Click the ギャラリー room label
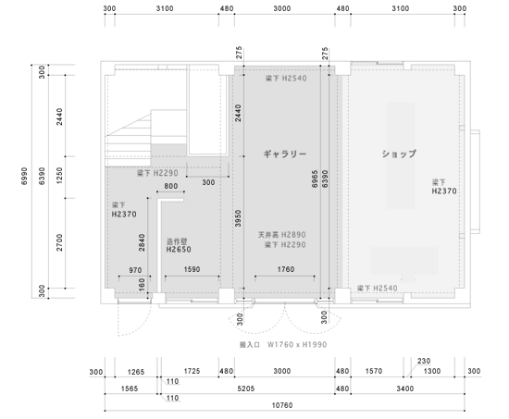285,154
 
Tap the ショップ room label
399,154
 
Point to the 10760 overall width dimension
282,405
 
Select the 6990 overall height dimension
24,177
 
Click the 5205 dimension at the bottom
246,388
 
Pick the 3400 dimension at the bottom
405,388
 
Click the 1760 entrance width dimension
286,269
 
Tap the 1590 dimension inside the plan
192,269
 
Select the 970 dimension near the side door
135,270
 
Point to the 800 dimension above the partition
171,186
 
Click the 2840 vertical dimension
142,242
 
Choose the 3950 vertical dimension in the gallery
238,218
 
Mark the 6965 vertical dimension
315,179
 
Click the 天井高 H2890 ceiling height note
281,234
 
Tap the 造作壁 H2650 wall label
179,245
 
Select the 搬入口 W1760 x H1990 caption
283,344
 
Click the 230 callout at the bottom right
424,361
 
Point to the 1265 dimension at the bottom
136,372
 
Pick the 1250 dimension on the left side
59,176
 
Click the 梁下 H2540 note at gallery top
286,79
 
